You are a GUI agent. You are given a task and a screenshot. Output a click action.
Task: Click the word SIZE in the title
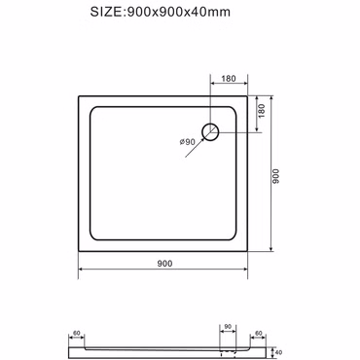105,12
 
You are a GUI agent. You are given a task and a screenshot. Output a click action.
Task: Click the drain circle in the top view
210,132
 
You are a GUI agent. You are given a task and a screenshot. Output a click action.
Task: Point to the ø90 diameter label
187,142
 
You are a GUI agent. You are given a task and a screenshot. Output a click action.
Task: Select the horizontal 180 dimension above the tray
229,79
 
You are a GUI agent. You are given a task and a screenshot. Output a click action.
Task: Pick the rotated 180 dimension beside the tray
262,111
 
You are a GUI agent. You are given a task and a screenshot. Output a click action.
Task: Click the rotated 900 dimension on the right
275,176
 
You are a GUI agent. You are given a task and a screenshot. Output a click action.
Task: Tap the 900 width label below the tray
164,264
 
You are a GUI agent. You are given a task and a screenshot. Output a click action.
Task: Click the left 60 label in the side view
77,333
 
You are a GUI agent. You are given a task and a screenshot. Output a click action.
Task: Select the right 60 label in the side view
259,333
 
